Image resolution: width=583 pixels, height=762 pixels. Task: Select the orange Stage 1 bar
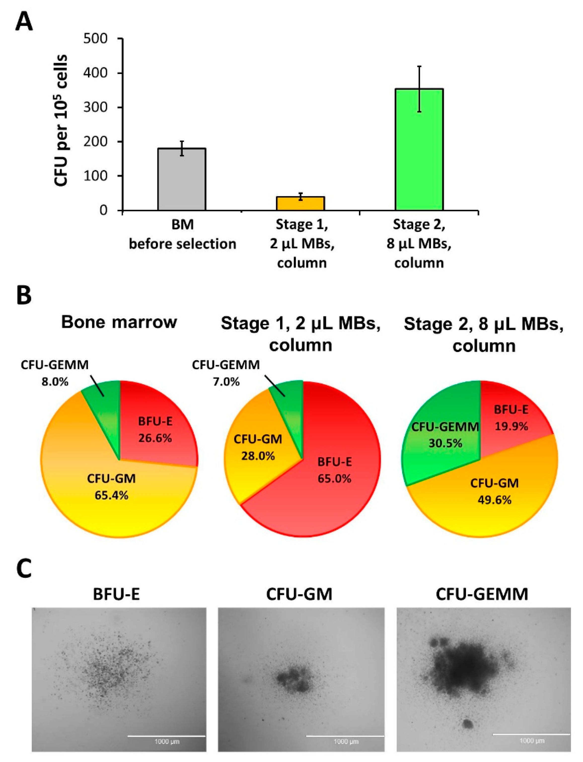point(300,204)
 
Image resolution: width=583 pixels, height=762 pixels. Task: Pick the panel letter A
point(24,22)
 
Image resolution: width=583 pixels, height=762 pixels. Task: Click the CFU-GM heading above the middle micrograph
point(299,594)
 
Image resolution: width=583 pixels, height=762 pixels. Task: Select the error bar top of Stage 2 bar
point(419,66)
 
